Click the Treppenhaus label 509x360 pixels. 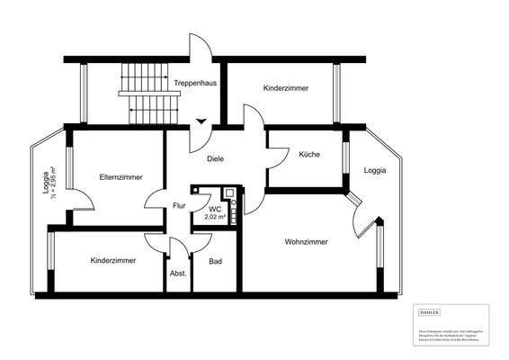tap(195, 83)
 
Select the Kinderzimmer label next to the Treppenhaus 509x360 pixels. tap(287, 89)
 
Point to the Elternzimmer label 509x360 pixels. tap(121, 177)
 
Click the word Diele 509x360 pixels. tap(215, 158)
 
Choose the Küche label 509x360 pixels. tap(309, 155)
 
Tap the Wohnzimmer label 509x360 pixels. tap(306, 241)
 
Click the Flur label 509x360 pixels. tap(179, 206)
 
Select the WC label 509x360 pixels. tap(215, 209)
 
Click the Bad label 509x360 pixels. tap(215, 262)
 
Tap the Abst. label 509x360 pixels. tap(178, 273)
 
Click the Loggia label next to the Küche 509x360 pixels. tap(376, 170)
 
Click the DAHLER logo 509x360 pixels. tap(430, 311)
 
